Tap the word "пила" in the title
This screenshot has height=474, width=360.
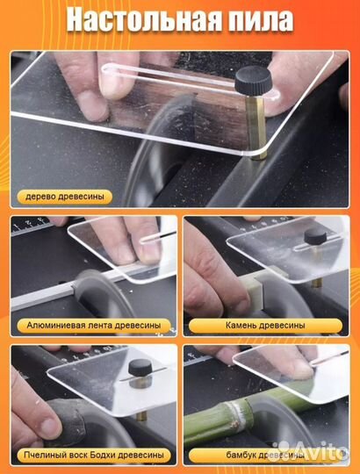pos(256,20)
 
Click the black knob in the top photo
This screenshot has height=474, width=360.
pos(253,80)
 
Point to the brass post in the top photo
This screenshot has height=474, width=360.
pos(256,127)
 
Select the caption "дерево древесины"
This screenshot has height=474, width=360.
pos(65,197)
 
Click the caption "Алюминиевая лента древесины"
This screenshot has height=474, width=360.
pos(94,326)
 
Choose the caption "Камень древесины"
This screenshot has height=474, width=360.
pos(265,326)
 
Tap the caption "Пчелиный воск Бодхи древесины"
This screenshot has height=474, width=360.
pos(94,455)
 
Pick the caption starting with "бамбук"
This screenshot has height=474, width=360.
pos(265,455)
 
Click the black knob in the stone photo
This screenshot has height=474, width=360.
pos(315,237)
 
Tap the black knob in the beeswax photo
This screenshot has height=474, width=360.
pos(140,368)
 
